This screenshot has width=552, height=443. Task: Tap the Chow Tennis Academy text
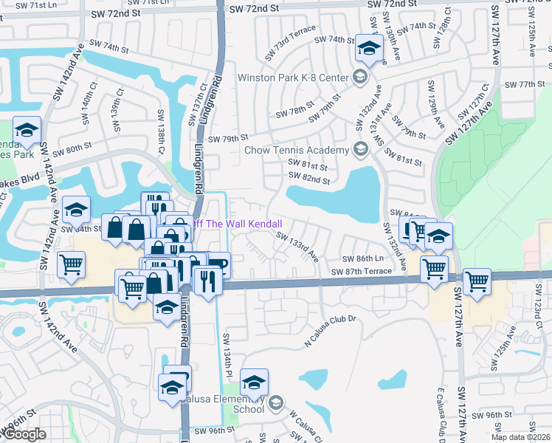(x=296, y=151)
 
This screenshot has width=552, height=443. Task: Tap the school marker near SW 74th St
(x=367, y=49)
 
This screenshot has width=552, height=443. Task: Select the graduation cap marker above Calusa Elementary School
(x=255, y=383)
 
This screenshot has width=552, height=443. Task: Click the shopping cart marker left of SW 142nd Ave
(x=71, y=264)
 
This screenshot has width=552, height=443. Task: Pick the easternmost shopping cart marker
(x=477, y=281)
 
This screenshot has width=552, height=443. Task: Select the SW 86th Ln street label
(x=363, y=258)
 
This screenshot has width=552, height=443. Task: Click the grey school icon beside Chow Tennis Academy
(x=360, y=150)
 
